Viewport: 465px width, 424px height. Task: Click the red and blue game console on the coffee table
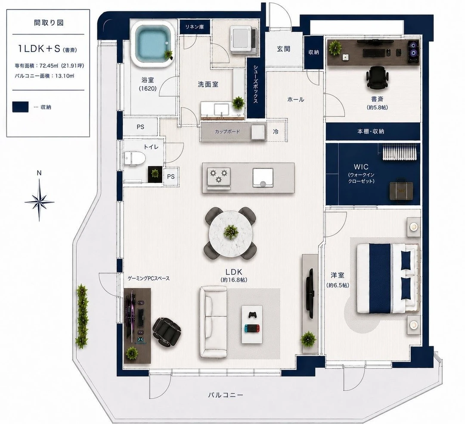click(x=252, y=328)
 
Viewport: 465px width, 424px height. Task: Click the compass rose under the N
click(x=39, y=201)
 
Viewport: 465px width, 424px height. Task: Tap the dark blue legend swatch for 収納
click(x=20, y=107)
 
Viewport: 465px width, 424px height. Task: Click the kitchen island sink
click(x=263, y=178)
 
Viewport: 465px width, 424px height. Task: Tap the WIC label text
click(x=361, y=167)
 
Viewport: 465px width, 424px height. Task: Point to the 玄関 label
click(x=283, y=49)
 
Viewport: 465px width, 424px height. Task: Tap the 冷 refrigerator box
click(x=276, y=131)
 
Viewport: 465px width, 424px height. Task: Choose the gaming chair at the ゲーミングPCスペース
click(x=167, y=331)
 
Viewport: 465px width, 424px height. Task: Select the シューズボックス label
click(x=255, y=84)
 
